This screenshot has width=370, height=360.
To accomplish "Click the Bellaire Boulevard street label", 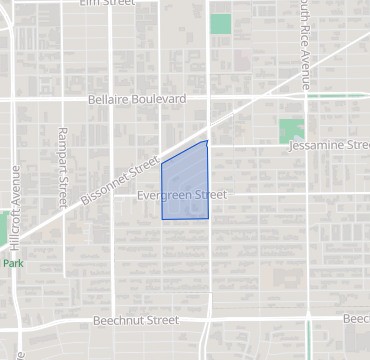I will (x=137, y=100).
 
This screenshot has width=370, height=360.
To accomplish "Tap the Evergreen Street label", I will (x=183, y=195).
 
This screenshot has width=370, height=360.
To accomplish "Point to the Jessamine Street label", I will (x=328, y=146).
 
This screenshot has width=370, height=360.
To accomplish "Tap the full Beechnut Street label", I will (x=135, y=321).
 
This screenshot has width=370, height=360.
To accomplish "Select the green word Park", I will (x=12, y=264).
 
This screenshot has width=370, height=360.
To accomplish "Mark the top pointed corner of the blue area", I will (x=207, y=141).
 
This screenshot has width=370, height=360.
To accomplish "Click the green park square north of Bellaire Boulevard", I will (x=220, y=23).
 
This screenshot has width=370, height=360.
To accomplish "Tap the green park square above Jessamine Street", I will (x=291, y=129).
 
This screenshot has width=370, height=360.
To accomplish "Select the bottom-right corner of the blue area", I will (x=208, y=218).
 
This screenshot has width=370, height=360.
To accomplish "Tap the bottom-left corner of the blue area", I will (x=162, y=218).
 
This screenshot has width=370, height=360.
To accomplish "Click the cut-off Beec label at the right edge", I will (x=356, y=319).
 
